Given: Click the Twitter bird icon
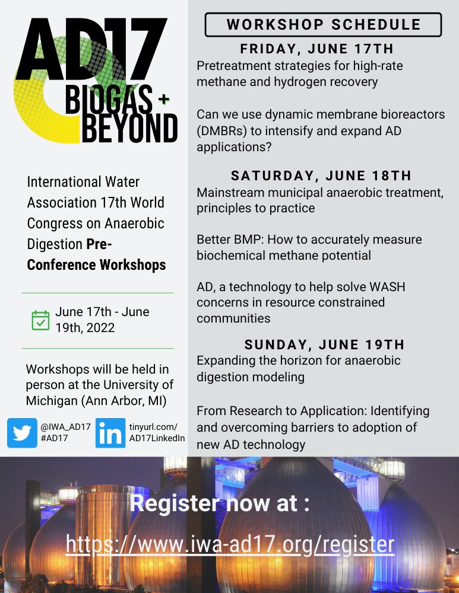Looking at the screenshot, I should pyautogui.click(x=22, y=433).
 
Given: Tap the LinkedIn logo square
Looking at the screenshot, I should pyautogui.click(x=110, y=433).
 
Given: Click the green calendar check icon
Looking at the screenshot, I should pyautogui.click(x=40, y=320).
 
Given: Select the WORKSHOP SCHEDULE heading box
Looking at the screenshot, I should pyautogui.click(x=323, y=25).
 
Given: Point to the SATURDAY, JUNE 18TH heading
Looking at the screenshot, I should pyautogui.click(x=321, y=176).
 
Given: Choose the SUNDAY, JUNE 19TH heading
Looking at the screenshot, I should pyautogui.click(x=324, y=345).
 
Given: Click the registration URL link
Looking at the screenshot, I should pyautogui.click(x=230, y=543).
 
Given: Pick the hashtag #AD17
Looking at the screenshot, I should pyautogui.click(x=54, y=438).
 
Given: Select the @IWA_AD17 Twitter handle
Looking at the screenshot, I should pyautogui.click(x=65, y=427).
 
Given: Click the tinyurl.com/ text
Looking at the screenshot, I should pyautogui.click(x=153, y=427).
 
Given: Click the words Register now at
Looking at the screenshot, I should pyautogui.click(x=220, y=505).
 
